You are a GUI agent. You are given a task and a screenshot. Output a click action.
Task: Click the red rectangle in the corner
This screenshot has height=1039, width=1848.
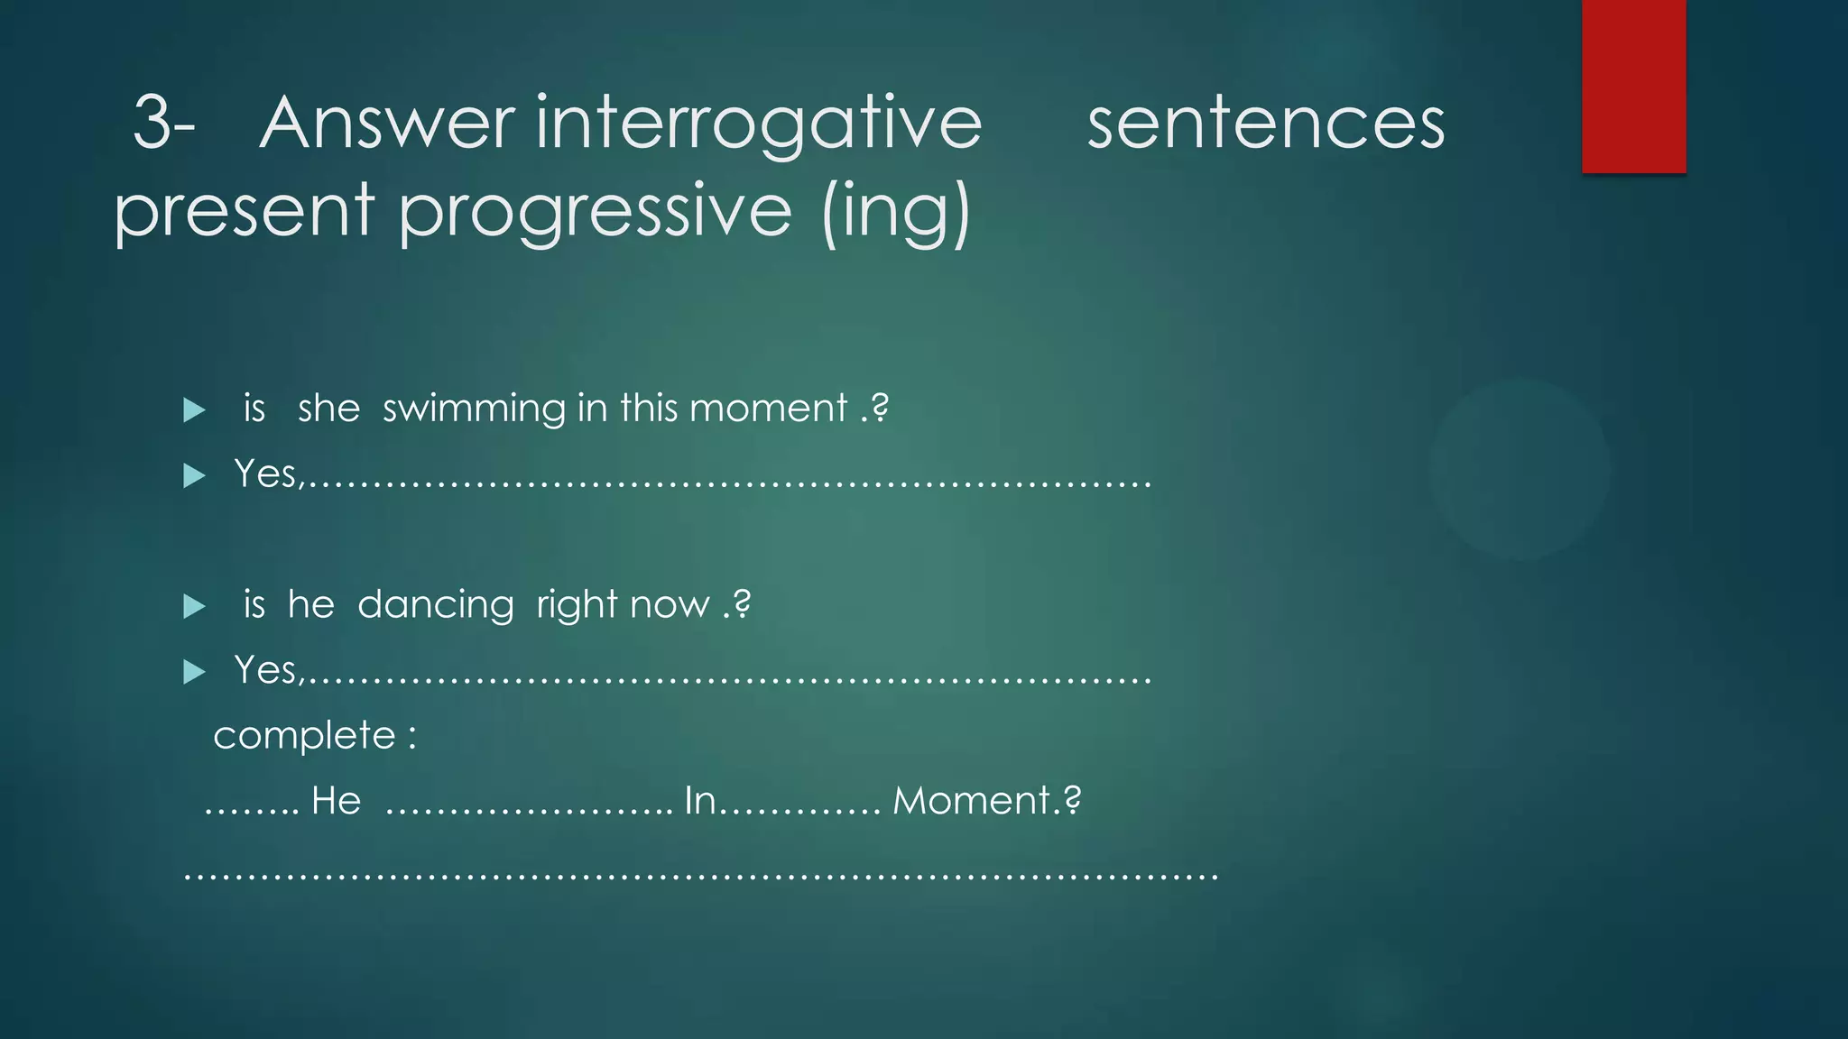click(1633, 87)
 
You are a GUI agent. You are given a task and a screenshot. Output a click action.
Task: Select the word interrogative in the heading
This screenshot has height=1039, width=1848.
click(758, 124)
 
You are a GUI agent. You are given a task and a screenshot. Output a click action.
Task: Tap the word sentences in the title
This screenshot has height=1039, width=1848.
click(1265, 124)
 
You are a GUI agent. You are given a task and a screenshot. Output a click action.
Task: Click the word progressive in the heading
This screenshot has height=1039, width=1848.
click(596, 211)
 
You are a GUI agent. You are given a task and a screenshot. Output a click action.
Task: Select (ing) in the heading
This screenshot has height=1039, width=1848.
click(895, 211)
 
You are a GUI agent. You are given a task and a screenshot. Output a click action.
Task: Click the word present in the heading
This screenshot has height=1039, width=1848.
click(244, 211)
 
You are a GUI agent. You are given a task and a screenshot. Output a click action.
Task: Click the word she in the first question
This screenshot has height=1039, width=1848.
click(328, 409)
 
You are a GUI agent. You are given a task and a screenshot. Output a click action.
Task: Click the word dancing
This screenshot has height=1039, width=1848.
click(435, 605)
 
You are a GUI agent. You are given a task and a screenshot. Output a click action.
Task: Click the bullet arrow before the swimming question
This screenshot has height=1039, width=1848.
click(194, 410)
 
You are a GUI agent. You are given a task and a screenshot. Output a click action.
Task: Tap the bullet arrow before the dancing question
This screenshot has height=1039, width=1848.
click(194, 606)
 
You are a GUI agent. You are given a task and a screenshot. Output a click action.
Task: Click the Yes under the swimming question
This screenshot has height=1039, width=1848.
click(267, 474)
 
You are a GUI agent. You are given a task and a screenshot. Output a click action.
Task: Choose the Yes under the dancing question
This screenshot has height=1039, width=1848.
click(267, 670)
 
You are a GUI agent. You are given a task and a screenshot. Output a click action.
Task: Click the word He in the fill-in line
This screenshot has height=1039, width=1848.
click(336, 801)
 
